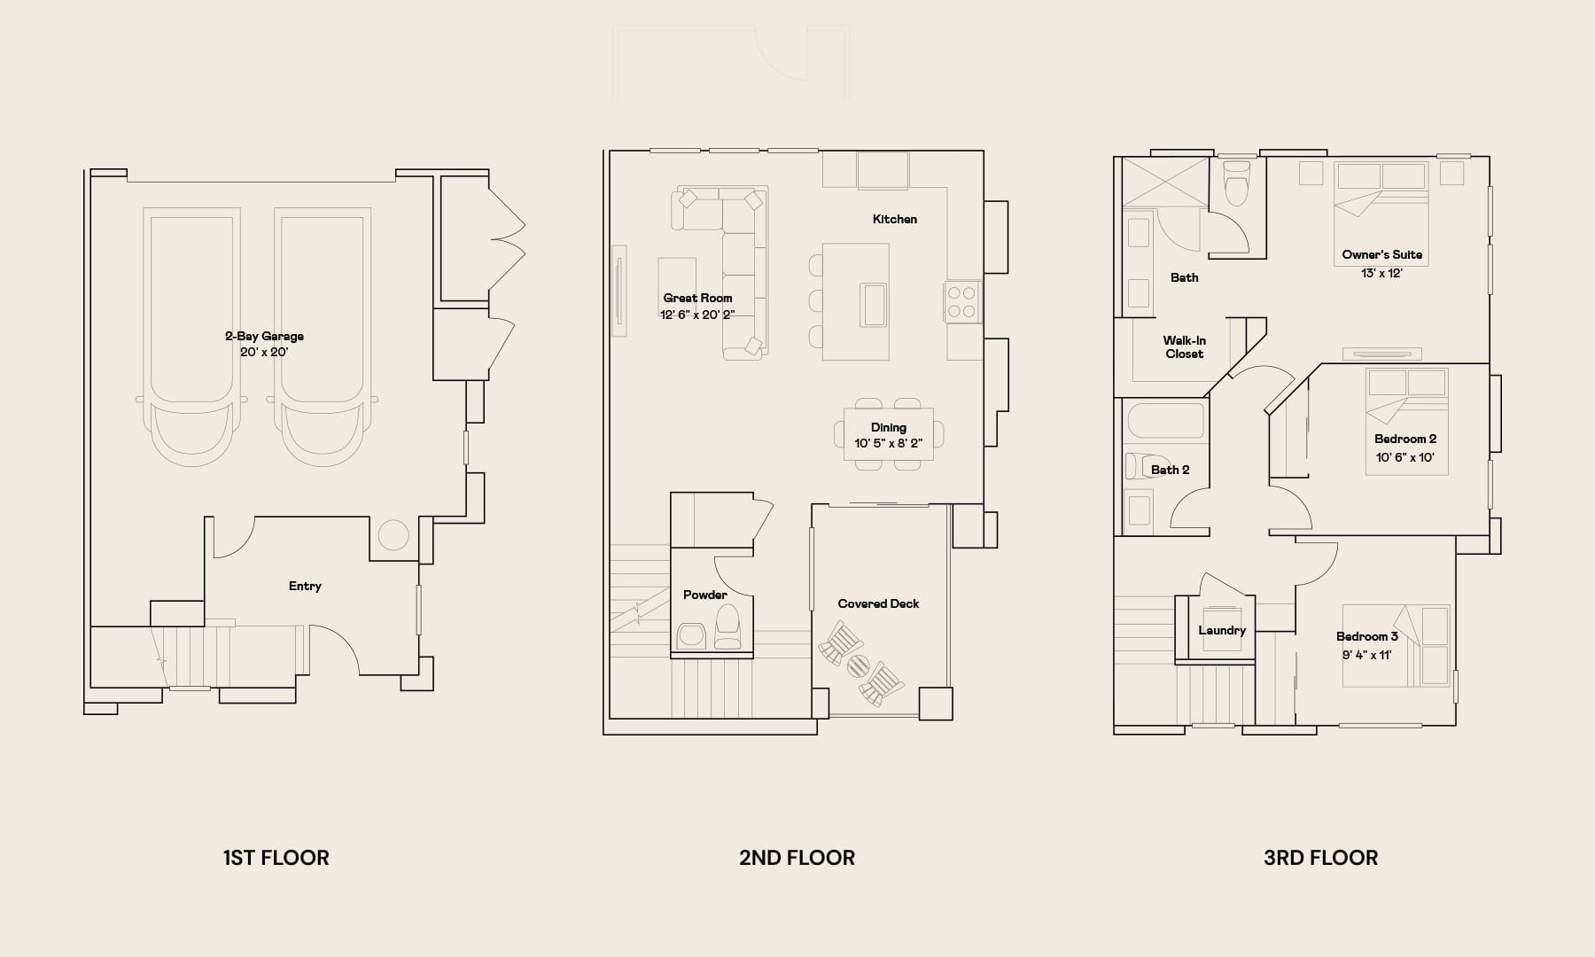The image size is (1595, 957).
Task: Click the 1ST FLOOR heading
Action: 276,858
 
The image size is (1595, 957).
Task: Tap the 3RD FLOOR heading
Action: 1320,858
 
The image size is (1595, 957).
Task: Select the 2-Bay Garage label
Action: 264,336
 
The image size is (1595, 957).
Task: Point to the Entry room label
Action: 305,586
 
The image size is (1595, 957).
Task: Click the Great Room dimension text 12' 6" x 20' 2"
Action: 697,315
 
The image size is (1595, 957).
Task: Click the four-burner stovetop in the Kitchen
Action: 962,301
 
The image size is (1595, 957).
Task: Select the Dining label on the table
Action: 888,427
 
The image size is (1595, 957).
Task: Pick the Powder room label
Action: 705,595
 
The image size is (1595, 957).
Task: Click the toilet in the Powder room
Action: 727,627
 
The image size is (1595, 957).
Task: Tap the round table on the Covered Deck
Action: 858,665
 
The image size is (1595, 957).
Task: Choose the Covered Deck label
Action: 878,603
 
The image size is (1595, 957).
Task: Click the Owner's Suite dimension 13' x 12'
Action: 1381,273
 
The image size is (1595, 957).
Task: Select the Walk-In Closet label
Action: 1185,346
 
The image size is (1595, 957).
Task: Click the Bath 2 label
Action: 1170,470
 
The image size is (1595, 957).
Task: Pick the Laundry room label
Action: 1222,630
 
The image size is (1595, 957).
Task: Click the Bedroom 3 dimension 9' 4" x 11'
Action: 1366,655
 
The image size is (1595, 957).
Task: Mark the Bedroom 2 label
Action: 1405,439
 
